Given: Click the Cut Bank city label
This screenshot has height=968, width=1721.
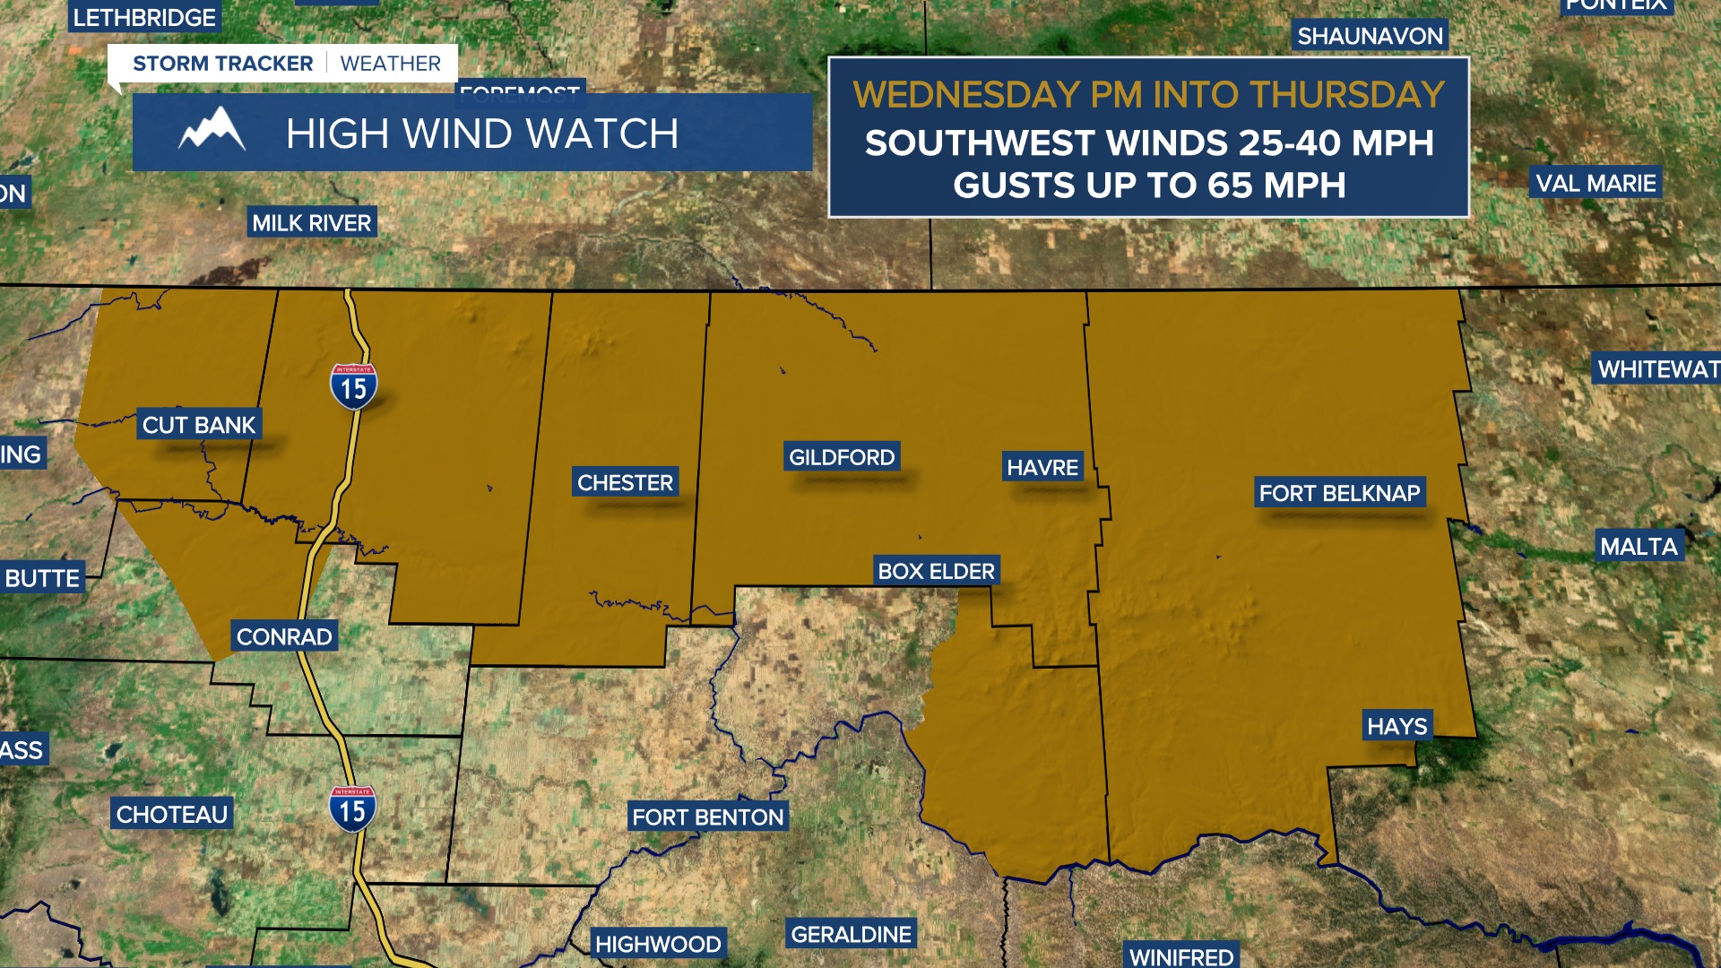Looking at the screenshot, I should point(199,425).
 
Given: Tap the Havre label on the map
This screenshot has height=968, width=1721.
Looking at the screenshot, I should point(1042,467).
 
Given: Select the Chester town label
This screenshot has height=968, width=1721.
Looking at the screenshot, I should point(625,482).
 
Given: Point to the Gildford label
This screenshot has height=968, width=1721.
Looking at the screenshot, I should point(842,457).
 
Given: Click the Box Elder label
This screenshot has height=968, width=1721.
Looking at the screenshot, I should point(936,571).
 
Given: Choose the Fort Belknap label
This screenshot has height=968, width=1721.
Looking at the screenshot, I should point(1339,493).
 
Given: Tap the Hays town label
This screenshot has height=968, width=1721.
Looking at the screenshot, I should point(1397,726).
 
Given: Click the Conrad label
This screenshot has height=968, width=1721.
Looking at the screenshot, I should point(284,636).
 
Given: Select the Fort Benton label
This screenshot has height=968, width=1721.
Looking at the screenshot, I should point(707,817).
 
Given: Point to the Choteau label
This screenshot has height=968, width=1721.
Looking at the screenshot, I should point(172,814).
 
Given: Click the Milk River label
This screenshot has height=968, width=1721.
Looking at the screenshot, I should point(311,222).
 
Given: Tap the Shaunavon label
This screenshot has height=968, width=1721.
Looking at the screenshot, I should point(1370,36).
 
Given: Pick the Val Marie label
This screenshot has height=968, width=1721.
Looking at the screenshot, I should point(1596,183).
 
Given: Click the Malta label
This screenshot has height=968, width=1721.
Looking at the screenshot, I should point(1639,546).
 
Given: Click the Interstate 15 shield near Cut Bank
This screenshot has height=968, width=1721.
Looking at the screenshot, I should point(353,386).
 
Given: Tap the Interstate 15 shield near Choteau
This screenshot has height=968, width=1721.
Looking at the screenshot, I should point(352,808).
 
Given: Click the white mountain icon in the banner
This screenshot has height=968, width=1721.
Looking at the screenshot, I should point(212,131).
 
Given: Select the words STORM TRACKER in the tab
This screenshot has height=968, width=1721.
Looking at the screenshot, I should point(222,64).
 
